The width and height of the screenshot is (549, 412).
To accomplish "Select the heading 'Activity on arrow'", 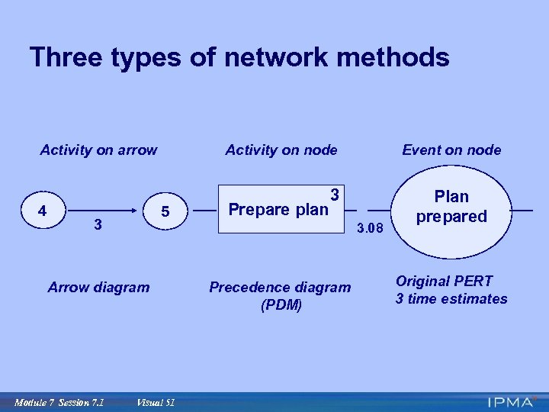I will tap(98, 150).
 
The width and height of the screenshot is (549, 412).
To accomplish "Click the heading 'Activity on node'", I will tap(281, 150).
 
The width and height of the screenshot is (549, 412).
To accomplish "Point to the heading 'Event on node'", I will tap(451, 150).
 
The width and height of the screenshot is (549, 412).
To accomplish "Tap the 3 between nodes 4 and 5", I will tap(97, 224).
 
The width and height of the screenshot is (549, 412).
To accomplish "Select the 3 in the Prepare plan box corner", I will tap(334, 195).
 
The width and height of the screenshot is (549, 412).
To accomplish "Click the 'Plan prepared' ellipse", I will tap(451, 207).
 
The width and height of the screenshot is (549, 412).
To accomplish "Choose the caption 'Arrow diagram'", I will tap(98, 288).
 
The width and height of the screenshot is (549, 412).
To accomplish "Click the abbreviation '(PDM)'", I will tap(281, 305).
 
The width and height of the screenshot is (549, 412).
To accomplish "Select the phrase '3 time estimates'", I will tap(451, 299).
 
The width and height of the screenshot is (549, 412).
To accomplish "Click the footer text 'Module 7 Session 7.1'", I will tap(59, 402).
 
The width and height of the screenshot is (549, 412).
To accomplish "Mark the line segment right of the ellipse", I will tap(522, 209).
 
